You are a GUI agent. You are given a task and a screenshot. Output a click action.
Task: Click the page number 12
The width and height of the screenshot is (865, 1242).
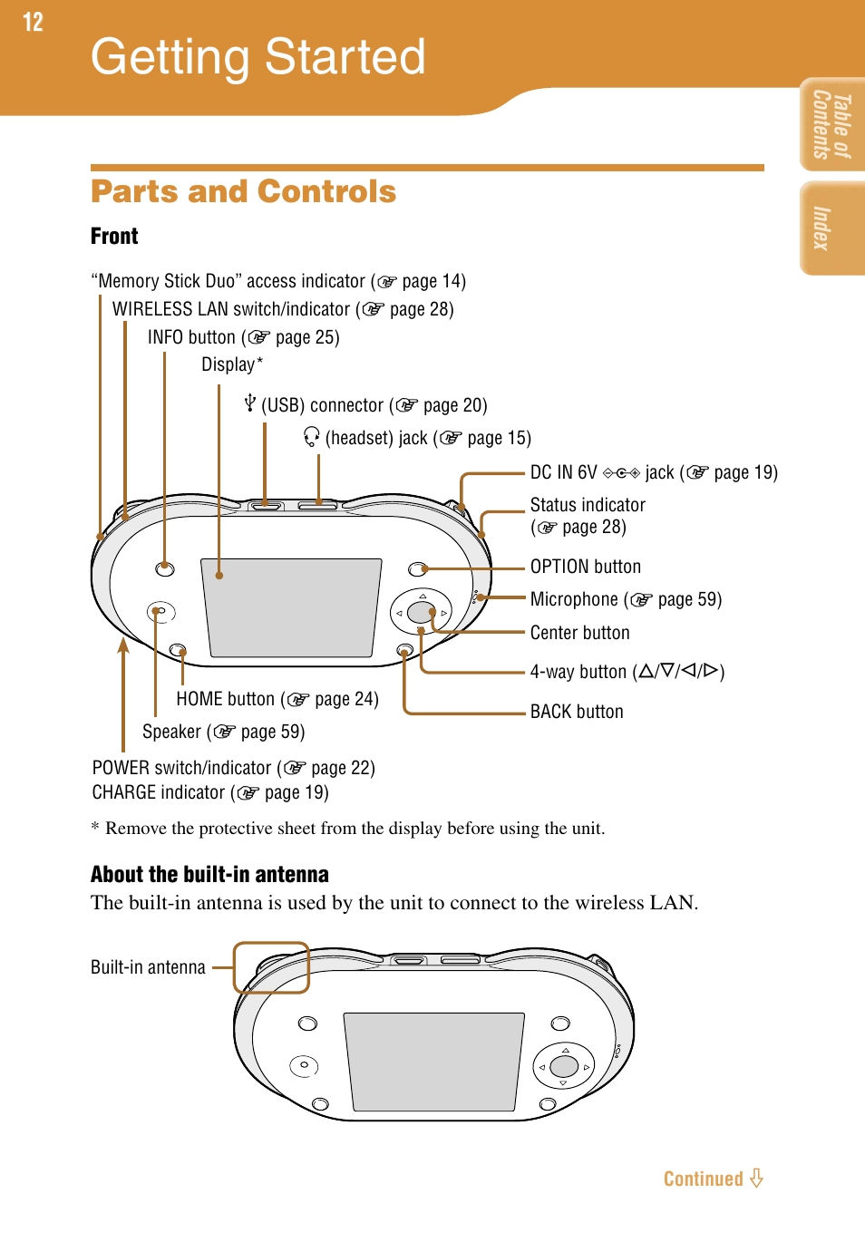point(33,22)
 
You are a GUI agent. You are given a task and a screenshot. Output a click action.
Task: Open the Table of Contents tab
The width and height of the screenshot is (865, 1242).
point(831,125)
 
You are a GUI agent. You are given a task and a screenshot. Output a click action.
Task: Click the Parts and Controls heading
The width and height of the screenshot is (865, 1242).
point(243,191)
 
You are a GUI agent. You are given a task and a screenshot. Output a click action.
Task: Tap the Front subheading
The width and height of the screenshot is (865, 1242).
point(114,237)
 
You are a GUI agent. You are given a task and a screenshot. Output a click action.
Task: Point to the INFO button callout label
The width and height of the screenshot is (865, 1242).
point(243,337)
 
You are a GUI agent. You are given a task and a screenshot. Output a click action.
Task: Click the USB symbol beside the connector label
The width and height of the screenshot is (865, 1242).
point(250,403)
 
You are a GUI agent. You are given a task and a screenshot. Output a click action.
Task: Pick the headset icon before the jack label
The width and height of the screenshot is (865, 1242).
point(312,437)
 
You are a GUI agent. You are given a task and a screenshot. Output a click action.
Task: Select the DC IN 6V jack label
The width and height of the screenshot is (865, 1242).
point(653,472)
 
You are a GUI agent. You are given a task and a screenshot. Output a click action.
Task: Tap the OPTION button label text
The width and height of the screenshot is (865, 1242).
point(585,567)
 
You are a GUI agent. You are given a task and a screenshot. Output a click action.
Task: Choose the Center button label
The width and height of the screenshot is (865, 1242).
point(579,633)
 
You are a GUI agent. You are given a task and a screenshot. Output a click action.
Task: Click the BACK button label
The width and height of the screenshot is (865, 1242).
point(577,712)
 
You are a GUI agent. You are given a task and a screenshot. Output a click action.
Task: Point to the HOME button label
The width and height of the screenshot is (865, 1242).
point(277,699)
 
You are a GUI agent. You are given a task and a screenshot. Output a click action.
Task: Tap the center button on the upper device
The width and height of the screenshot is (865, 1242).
point(420,612)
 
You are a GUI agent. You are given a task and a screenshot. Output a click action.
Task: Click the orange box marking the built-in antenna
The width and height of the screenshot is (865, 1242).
point(271,967)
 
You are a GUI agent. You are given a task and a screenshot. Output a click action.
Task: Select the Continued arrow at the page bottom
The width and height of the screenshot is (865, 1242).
point(756,1179)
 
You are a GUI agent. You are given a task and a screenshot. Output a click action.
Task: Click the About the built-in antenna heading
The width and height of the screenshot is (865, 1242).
point(209,874)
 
